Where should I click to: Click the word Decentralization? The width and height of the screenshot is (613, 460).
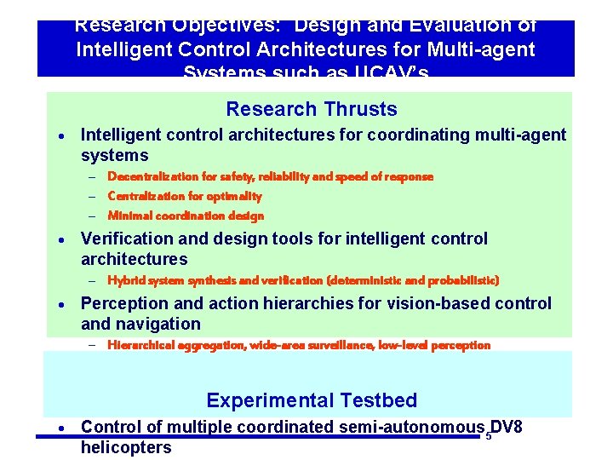tap(150, 176)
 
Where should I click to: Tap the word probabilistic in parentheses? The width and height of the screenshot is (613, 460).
tap(465, 279)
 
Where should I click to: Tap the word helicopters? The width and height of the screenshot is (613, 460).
tap(126, 447)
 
